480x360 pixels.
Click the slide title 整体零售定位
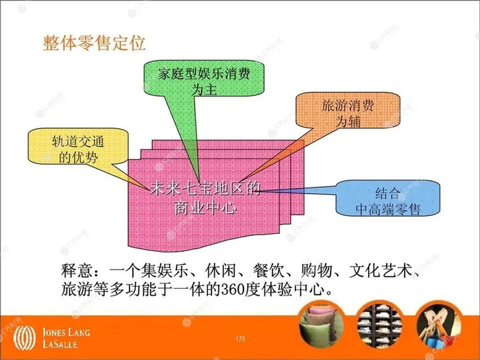click(x=94, y=43)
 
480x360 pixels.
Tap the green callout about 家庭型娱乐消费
click(x=204, y=78)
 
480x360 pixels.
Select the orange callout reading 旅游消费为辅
click(x=348, y=110)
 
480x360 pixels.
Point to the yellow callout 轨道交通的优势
click(x=78, y=146)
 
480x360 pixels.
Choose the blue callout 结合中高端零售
click(x=387, y=198)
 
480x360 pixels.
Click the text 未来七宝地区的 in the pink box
click(x=205, y=189)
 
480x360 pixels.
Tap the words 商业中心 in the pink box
click(x=205, y=208)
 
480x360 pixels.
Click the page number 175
click(x=240, y=339)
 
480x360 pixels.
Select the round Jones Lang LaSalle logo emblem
click(x=25, y=338)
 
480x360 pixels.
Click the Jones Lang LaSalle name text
click(x=66, y=338)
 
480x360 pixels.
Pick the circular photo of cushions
click(x=322, y=325)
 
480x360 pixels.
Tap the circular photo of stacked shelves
click(x=379, y=325)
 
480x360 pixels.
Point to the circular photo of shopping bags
click(x=438, y=325)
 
